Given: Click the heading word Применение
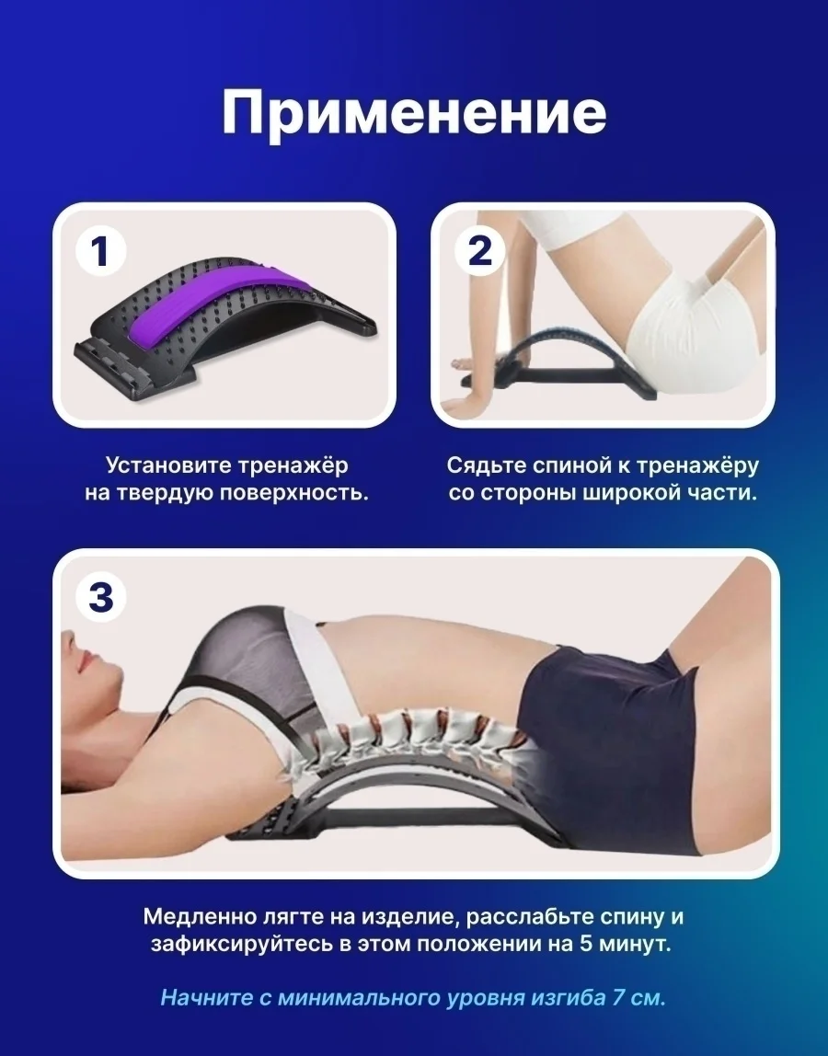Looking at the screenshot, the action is pos(414,113).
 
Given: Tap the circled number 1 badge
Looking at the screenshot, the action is pos(100,251).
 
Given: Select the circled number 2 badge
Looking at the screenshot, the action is pos(479,251).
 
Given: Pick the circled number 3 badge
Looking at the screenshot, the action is pos(100,597).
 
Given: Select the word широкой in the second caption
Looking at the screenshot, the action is pos(633,493).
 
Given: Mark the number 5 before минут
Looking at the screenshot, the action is pos(587,944).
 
